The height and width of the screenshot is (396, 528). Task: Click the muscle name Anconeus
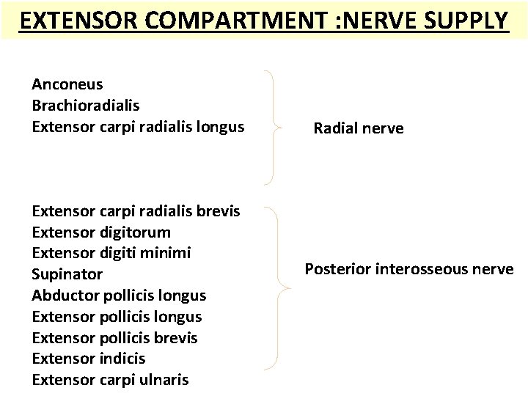click(67, 84)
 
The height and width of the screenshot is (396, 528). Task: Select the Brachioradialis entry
click(85, 106)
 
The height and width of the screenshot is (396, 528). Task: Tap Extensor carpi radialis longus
click(138, 127)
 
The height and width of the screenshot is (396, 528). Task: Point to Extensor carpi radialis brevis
click(136, 211)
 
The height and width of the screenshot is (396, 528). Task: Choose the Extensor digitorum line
click(101, 232)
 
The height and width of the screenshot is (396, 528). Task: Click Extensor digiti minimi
click(111, 253)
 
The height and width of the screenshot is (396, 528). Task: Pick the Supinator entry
click(67, 274)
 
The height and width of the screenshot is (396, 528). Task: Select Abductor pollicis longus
click(119, 296)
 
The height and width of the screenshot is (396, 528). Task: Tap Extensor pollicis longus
click(117, 317)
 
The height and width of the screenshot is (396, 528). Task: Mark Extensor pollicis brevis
click(114, 338)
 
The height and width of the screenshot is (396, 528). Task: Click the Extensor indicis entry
click(89, 359)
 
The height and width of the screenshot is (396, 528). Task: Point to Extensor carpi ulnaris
click(110, 380)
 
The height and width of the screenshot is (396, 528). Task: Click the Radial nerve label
click(358, 129)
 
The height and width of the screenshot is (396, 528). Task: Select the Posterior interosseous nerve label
click(409, 269)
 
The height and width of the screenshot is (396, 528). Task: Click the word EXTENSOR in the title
click(69, 20)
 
